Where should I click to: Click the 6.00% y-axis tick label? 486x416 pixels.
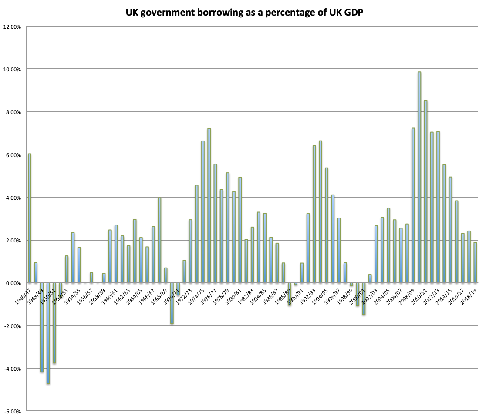[13, 155]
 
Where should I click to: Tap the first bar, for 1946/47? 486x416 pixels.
[30, 218]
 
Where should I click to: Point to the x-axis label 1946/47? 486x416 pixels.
[23, 296]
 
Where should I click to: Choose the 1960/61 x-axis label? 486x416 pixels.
[109, 296]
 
